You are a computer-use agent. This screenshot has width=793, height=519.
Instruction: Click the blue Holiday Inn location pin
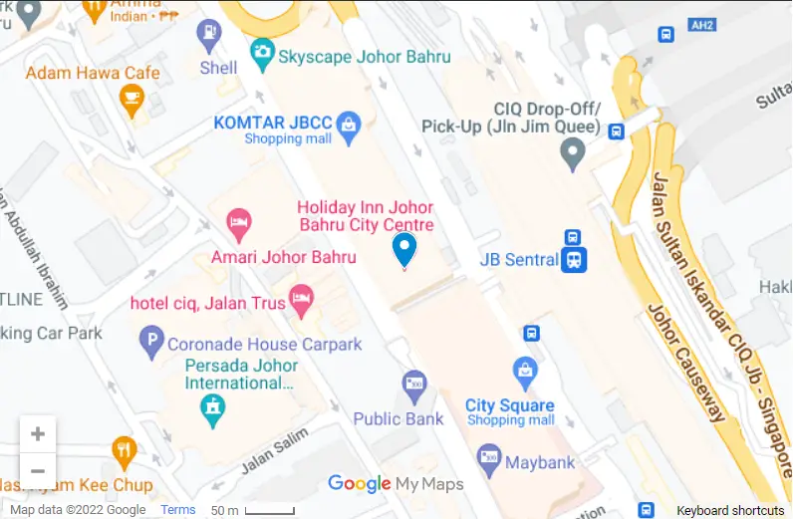tap(403, 248)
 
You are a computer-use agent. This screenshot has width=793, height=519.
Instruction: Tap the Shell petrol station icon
tap(209, 34)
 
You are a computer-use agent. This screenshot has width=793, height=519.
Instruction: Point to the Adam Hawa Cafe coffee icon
tap(131, 98)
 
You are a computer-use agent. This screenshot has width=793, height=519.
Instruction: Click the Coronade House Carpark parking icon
tap(150, 344)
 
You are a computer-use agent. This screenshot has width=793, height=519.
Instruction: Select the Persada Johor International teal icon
tap(212, 406)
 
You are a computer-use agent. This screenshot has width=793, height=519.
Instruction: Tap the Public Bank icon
tap(413, 384)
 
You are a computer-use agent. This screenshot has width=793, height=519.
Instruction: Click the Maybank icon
tap(488, 459)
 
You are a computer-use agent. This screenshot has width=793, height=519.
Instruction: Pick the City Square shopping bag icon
tap(525, 374)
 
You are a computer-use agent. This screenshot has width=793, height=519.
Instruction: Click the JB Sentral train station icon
tap(573, 259)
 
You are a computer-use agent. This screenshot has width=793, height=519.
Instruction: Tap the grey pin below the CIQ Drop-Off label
tap(572, 152)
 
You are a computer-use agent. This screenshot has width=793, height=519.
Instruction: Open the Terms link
tap(178, 510)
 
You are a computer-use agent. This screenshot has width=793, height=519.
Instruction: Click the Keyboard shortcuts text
tap(730, 510)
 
